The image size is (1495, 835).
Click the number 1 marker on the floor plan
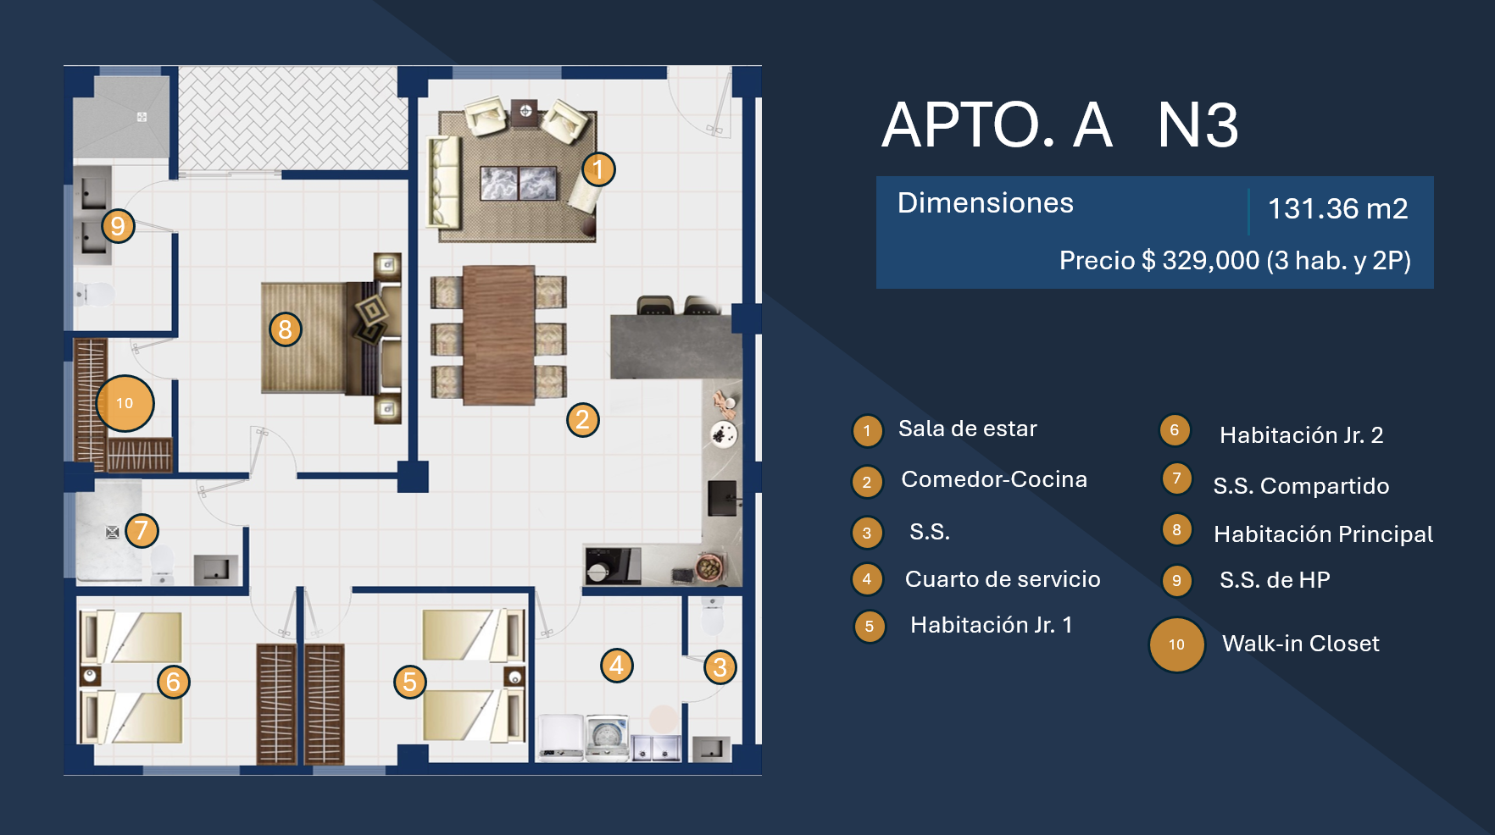[x=598, y=169]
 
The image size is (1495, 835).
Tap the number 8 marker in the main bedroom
[x=286, y=329]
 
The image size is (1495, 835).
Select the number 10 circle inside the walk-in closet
[x=125, y=403]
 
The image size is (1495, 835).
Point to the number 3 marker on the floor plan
[x=720, y=667]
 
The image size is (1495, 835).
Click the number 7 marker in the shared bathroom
[x=142, y=531]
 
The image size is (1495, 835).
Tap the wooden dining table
[x=499, y=335]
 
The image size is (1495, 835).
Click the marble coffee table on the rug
[x=519, y=183]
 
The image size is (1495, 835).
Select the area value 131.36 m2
[x=1337, y=208]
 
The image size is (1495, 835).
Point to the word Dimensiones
[x=985, y=203]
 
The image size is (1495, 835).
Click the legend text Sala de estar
[x=967, y=429]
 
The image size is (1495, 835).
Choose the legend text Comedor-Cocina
[x=994, y=479]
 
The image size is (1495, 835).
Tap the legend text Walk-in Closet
[x=1300, y=644]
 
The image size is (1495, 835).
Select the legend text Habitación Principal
[x=1323, y=534]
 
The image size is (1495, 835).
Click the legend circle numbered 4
[x=867, y=579]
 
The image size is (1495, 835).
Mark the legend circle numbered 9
[x=1176, y=581]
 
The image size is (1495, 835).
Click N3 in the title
[x=1198, y=125]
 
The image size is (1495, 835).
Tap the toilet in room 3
[x=713, y=616]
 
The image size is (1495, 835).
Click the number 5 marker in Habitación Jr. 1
[x=410, y=682]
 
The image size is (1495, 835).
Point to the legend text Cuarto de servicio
[x=1003, y=579]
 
